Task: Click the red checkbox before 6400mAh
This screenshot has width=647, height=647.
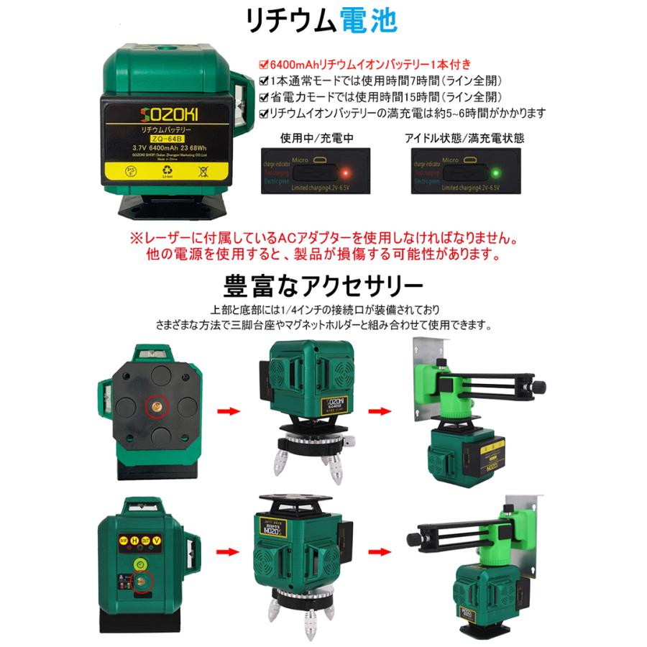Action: click(x=264, y=64)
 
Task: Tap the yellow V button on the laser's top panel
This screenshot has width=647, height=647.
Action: click(x=176, y=541)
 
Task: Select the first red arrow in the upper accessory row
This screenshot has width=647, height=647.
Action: click(x=228, y=410)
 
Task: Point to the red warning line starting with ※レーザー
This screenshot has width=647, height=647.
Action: click(x=323, y=237)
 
